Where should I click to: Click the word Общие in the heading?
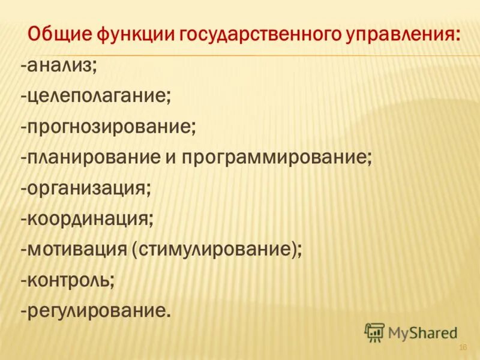point(58,34)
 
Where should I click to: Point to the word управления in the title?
point(401,34)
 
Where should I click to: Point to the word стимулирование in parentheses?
point(215,250)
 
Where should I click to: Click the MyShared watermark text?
point(424,332)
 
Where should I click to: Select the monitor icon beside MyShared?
point(374,332)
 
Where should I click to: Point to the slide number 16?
point(463,348)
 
